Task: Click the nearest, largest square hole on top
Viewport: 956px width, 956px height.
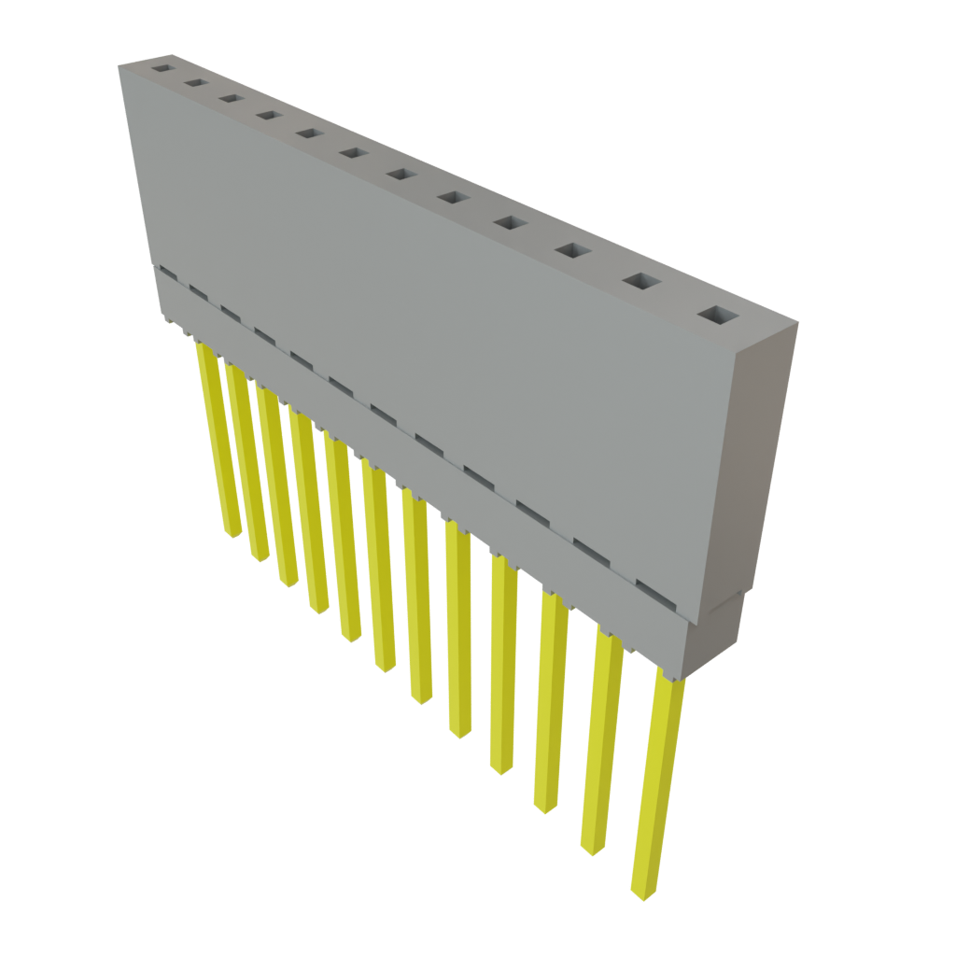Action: click(x=717, y=316)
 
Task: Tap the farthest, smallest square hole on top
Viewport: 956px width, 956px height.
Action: click(x=163, y=68)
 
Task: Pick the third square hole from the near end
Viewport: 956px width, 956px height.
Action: click(x=573, y=251)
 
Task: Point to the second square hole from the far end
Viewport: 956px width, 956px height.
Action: click(x=196, y=83)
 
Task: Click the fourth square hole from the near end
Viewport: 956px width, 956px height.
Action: click(x=512, y=223)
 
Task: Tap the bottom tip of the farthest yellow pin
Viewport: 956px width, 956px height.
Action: click(x=232, y=532)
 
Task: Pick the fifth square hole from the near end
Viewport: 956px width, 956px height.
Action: click(x=456, y=198)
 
